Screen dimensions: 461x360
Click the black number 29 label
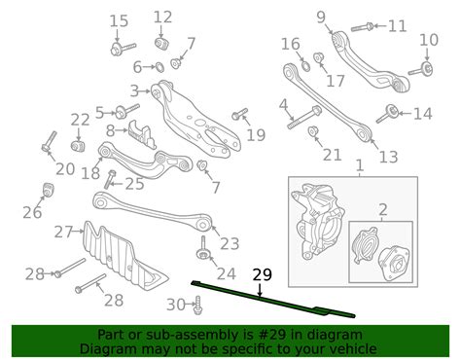click(x=263, y=274)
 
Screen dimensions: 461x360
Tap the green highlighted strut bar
click(x=273, y=300)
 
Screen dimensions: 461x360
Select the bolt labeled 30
click(x=197, y=306)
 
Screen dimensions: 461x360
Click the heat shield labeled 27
click(x=124, y=257)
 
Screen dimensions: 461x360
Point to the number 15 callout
click(x=119, y=21)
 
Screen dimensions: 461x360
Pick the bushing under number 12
click(x=160, y=44)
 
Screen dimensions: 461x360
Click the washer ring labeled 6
click(x=159, y=67)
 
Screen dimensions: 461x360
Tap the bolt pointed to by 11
click(x=362, y=27)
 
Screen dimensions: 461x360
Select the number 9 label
click(x=321, y=18)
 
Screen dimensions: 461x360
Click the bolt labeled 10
click(x=420, y=70)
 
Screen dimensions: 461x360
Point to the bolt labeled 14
click(x=388, y=114)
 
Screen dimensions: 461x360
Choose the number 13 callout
click(x=388, y=157)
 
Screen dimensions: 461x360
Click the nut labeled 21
click(x=313, y=131)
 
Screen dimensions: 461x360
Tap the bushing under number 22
click(x=78, y=146)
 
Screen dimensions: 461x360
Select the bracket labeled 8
click(x=142, y=133)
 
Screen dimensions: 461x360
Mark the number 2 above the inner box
click(x=383, y=210)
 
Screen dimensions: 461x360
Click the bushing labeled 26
click(x=49, y=191)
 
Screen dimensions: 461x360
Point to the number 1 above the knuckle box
click(x=360, y=165)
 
